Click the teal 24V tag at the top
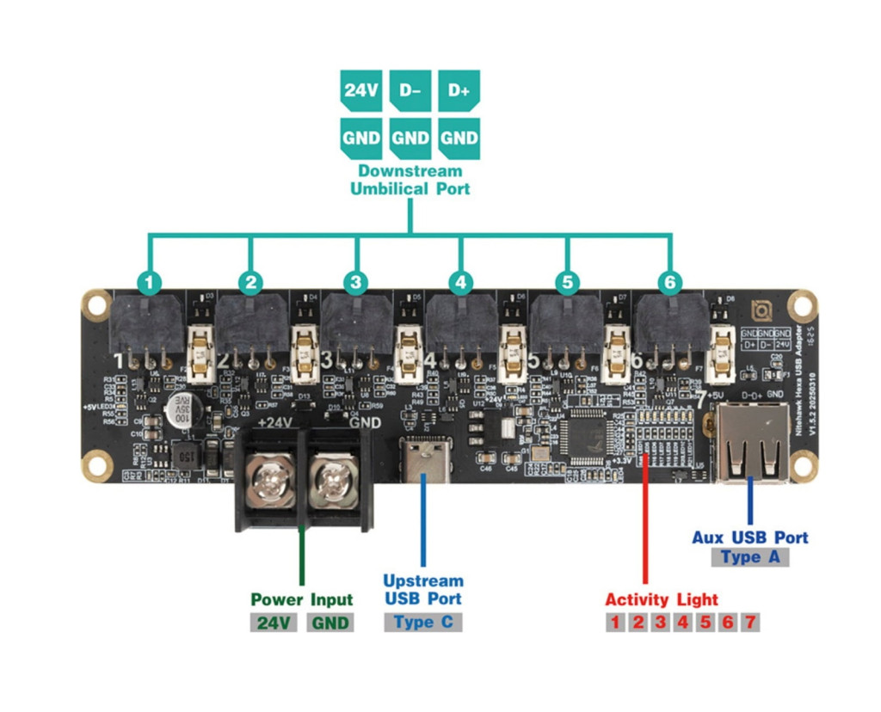pos(360,90)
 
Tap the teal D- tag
pos(410,90)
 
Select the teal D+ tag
pos(459,90)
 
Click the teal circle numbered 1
pos(150,282)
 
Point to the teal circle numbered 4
pos(460,282)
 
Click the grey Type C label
pos(422,623)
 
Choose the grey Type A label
pos(750,557)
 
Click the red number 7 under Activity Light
pos(749,623)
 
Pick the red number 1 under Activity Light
pos(615,623)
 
